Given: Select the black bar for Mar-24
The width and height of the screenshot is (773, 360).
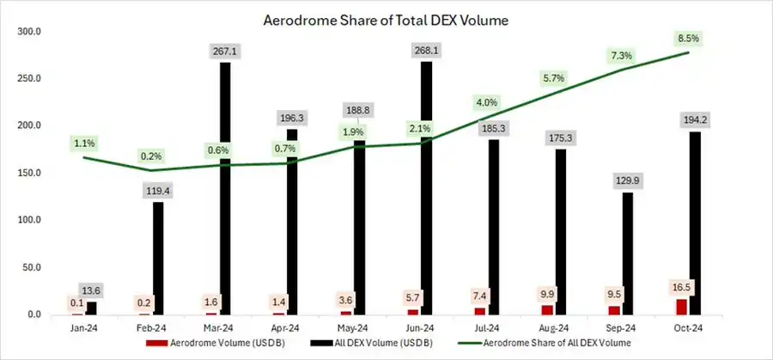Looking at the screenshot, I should click(224, 189).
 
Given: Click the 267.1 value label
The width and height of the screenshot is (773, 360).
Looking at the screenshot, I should click(223, 52).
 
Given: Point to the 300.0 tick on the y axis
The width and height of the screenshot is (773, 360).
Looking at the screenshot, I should click(30, 32).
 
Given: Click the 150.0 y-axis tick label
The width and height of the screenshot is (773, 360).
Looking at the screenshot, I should click(30, 174).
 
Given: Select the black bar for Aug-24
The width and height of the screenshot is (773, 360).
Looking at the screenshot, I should click(561, 232).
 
